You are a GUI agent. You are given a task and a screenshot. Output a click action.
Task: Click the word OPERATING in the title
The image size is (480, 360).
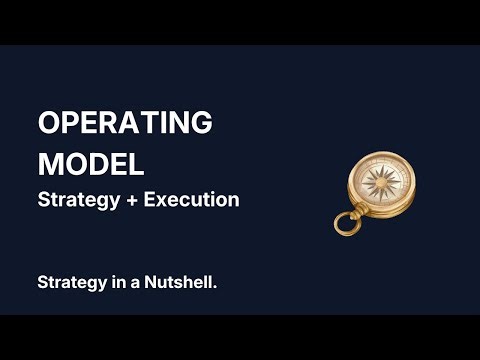coord(125,124)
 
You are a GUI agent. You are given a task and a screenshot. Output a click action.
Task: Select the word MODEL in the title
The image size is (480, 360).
coord(91,162)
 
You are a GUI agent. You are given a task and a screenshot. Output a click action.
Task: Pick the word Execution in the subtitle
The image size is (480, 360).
coord(191,199)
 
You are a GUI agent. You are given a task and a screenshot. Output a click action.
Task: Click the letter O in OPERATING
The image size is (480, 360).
coord(49,124)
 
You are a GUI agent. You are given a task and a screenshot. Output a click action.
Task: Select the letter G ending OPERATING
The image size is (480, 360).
coord(200,124)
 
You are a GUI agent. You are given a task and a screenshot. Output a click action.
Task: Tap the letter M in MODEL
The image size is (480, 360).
coord(51,162)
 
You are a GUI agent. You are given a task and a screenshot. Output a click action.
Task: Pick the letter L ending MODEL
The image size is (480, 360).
coord(136,162)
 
